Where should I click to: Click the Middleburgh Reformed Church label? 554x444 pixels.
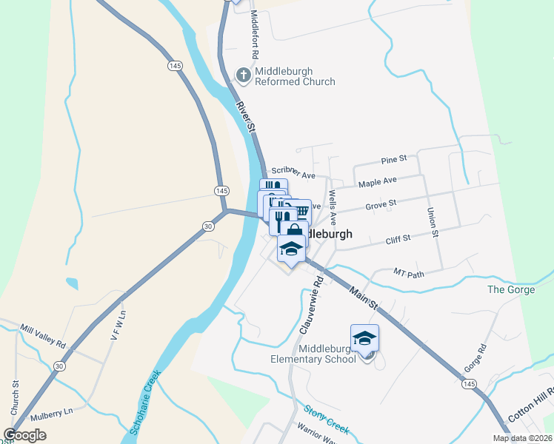coord(295,76)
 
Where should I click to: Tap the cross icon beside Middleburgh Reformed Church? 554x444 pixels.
coord(243,74)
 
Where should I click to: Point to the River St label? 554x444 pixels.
coord(247,117)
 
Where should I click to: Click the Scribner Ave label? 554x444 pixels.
coord(294,172)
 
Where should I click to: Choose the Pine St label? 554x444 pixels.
coord(394,159)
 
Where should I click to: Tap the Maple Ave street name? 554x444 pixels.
coord(377,181)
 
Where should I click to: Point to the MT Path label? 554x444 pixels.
coord(408,273)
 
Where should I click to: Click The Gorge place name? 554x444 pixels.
coord(511,289)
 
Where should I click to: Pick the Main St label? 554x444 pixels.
coord(364,298)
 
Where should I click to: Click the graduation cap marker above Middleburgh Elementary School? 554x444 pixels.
coord(364,338)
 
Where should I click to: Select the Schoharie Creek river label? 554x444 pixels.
coord(144,402)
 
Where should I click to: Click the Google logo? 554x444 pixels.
coord(25,435)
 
